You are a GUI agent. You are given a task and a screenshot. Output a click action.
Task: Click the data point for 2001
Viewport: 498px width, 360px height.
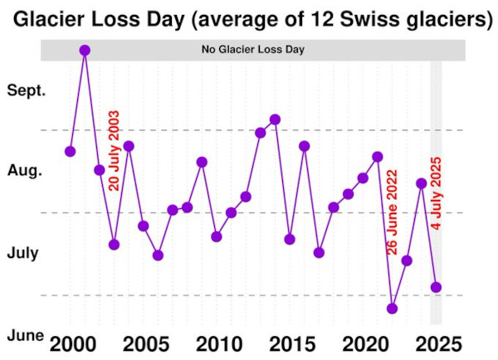pyautogui.click(x=85, y=50)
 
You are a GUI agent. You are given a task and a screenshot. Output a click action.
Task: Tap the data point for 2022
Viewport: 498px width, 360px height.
pyautogui.click(x=393, y=309)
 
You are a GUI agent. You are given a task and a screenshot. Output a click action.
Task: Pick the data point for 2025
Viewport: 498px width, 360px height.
pyautogui.click(x=437, y=287)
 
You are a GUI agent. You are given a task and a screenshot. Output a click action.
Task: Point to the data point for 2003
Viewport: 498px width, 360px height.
pyautogui.click(x=114, y=245)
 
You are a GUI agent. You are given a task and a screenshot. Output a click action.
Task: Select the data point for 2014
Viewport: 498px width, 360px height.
pyautogui.click(x=276, y=119)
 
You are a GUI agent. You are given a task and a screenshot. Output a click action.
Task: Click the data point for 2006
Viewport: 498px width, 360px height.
pyautogui.click(x=158, y=255)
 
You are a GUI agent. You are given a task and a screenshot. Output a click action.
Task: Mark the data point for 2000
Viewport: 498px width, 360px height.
pyautogui.click(x=71, y=151)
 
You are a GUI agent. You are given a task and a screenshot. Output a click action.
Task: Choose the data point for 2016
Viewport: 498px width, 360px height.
pyautogui.click(x=305, y=146)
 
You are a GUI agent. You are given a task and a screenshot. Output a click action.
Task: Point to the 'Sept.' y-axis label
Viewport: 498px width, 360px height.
pyautogui.click(x=26, y=90)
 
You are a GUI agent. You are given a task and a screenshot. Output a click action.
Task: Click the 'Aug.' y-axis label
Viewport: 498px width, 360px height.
pyautogui.click(x=24, y=171)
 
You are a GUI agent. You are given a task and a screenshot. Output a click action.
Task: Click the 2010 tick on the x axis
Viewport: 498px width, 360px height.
pyautogui.click(x=217, y=343)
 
